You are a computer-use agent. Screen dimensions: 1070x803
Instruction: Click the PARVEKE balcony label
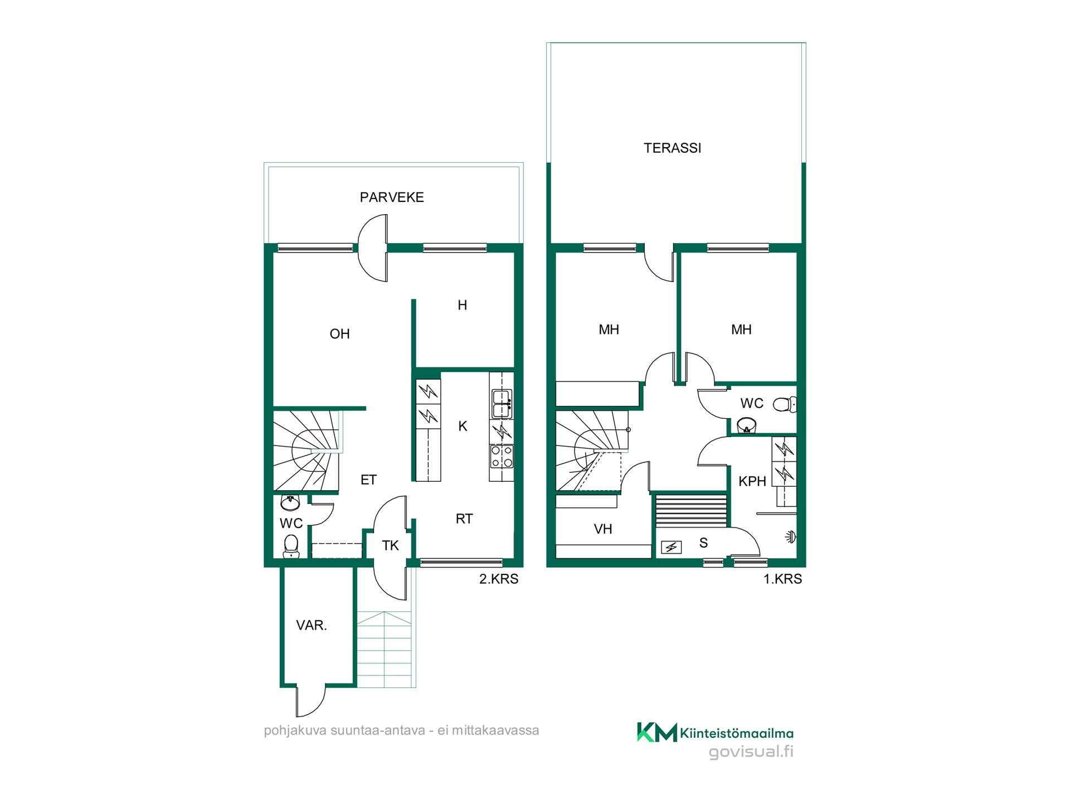(392, 197)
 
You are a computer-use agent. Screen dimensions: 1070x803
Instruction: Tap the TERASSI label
(672, 148)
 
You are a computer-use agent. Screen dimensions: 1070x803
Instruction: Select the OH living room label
(340, 334)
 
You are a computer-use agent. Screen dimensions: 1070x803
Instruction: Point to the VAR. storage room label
(312, 625)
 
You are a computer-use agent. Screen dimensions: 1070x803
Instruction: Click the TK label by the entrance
(390, 545)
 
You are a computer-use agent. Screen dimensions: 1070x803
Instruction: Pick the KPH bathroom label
(752, 481)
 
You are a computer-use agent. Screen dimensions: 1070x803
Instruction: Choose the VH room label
(603, 529)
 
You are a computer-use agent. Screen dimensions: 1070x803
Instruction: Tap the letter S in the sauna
(703, 543)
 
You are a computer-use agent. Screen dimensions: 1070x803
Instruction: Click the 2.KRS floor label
(499, 579)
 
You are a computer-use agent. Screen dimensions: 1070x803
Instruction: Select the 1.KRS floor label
(782, 579)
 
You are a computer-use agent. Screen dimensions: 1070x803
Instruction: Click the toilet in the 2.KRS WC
(291, 546)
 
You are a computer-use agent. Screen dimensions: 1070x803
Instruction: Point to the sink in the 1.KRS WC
(746, 425)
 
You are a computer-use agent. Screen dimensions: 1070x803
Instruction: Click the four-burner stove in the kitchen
(502, 456)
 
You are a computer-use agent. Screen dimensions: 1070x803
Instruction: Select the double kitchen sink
(502, 404)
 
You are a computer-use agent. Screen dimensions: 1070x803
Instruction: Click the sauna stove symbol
(671, 548)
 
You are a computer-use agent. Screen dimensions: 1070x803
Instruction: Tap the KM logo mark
(657, 732)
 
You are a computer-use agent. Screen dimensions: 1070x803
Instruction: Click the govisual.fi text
(751, 752)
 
